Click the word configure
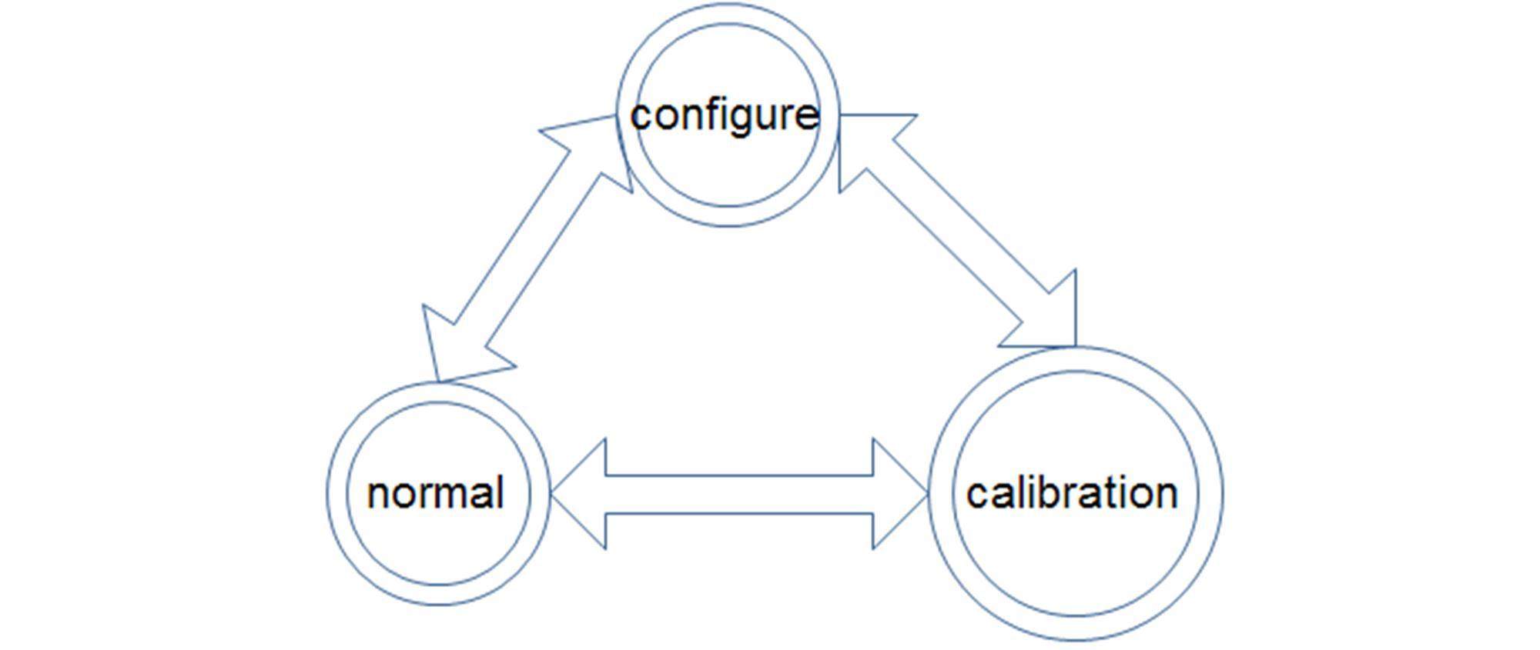[725, 115]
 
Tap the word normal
[436, 493]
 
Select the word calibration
[1072, 493]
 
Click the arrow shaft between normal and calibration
[739, 495]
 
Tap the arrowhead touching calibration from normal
[897, 495]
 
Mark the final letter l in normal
[500, 492]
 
